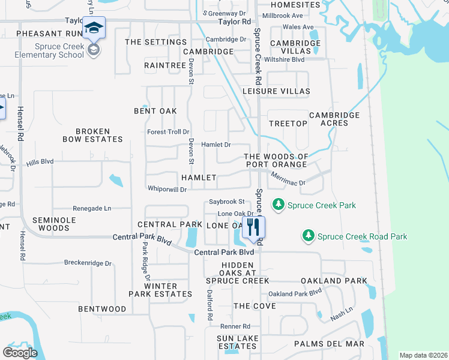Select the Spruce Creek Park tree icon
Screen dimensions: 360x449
tap(279, 205)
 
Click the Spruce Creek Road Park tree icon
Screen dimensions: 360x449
tap(309, 236)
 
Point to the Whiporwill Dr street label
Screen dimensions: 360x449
tap(167, 189)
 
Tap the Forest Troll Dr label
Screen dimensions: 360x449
tap(169, 132)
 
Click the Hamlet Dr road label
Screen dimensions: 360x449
tap(216, 145)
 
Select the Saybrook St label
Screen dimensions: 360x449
tap(226, 202)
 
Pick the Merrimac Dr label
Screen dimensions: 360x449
tap(288, 179)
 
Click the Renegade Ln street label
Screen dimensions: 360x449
tap(92, 208)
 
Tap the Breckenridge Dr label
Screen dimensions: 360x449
tap(88, 263)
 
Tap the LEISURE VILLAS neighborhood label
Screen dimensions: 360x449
tap(276, 91)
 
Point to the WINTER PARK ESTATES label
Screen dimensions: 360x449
tap(160, 290)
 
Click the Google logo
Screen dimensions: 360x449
tap(20, 353)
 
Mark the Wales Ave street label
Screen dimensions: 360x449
tap(298, 27)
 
